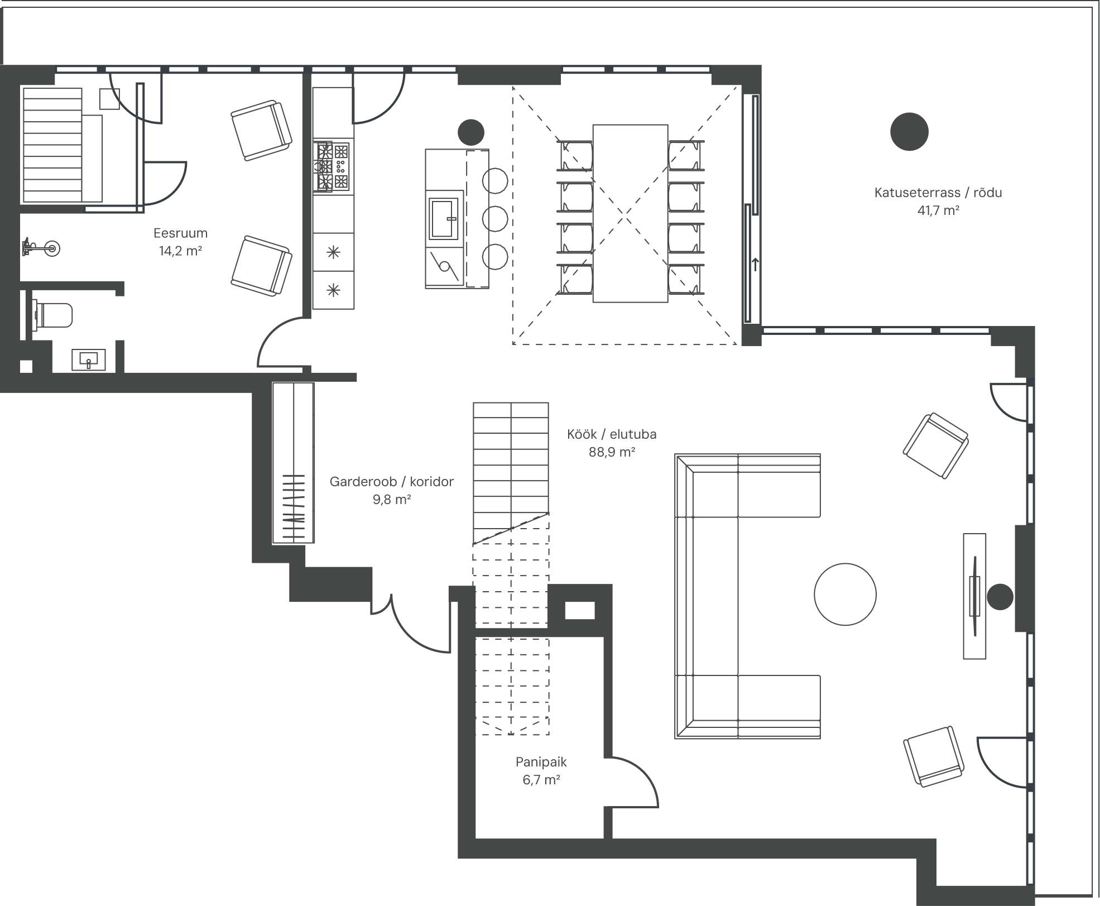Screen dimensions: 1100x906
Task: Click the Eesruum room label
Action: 180,233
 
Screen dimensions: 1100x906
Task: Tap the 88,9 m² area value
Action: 612,452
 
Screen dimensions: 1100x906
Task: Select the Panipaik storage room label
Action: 541,761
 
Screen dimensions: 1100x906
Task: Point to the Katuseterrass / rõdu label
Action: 938,193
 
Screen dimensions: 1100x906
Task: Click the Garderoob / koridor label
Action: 391,481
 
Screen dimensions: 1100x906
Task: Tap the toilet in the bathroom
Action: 53,315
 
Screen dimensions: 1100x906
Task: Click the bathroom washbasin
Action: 88,360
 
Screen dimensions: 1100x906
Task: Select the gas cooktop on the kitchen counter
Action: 333,166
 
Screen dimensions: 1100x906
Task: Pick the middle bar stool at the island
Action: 495,219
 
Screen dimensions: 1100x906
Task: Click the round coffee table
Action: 845,594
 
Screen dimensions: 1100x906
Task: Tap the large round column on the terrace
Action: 909,132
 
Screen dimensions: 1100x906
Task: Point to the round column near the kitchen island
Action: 470,132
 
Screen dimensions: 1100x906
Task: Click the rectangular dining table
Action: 630,213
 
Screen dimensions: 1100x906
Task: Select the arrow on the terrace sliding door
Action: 755,263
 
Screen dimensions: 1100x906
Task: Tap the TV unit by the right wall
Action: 974,596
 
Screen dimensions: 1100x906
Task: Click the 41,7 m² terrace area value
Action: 938,210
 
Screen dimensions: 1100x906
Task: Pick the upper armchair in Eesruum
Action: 261,130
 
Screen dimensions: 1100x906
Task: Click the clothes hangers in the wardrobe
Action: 293,507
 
